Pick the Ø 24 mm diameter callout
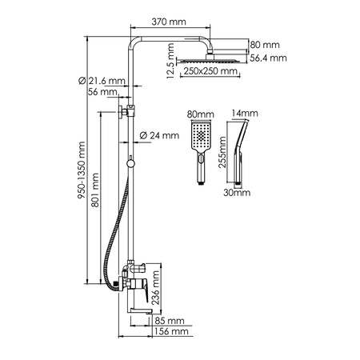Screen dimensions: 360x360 [158, 136]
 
